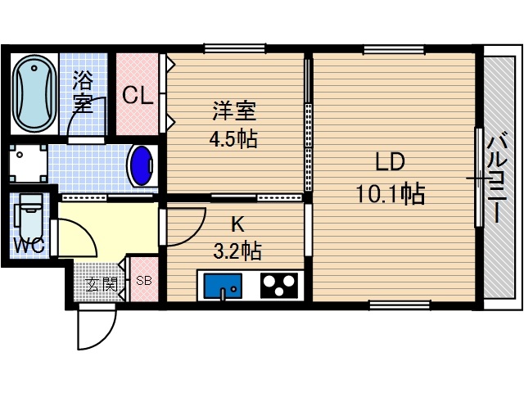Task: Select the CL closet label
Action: click(137, 96)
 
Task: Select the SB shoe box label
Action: click(143, 281)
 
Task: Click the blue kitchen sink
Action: click(220, 287)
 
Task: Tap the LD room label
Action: click(391, 161)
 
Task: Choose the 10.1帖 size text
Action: click(389, 195)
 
